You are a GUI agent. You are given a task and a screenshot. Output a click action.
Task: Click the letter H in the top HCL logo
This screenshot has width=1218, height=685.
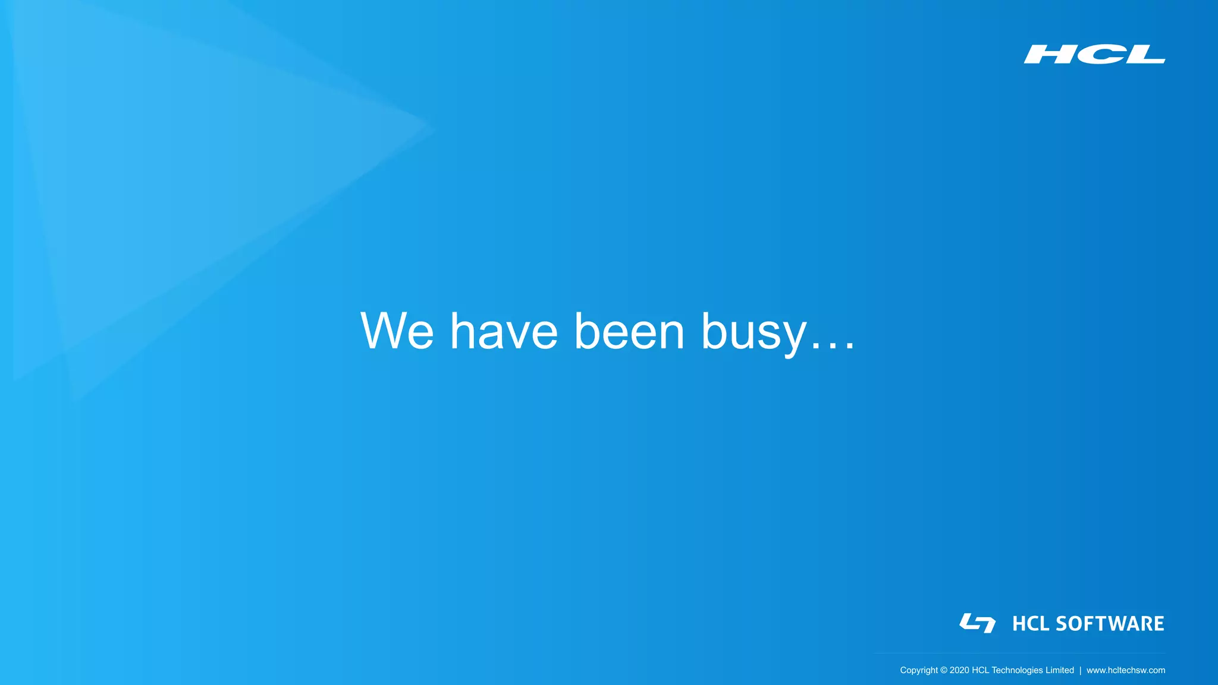coord(1049,54)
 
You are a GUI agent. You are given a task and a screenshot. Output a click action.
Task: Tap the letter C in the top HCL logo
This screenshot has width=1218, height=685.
coord(1095,54)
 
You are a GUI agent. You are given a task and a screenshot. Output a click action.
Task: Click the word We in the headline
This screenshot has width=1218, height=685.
coord(397,331)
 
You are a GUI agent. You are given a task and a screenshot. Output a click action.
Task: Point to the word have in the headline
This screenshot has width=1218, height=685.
coord(504,331)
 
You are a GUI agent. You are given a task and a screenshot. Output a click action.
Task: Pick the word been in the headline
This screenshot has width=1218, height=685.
coord(629,331)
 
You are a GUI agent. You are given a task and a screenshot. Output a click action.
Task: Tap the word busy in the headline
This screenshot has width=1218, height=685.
coord(754,333)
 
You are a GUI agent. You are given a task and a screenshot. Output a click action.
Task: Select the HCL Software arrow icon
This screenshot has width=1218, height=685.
coord(977,623)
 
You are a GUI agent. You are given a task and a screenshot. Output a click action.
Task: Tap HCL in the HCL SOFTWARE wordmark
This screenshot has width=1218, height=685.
coord(1031,624)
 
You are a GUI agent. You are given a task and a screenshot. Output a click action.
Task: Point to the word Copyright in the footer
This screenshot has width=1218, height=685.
coord(918,670)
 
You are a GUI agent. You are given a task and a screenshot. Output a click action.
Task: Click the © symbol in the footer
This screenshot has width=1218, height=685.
coord(943,670)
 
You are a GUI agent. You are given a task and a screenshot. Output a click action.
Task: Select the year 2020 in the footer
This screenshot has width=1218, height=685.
coord(959,670)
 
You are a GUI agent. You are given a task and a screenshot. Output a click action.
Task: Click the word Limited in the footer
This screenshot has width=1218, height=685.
coord(1060,670)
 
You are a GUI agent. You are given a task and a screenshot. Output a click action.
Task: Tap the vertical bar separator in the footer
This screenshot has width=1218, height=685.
coord(1081,670)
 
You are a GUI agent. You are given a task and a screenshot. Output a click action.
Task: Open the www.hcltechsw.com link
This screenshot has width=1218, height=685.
coord(1126,670)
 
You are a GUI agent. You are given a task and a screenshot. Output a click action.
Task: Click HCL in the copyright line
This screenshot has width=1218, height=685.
coord(980,670)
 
